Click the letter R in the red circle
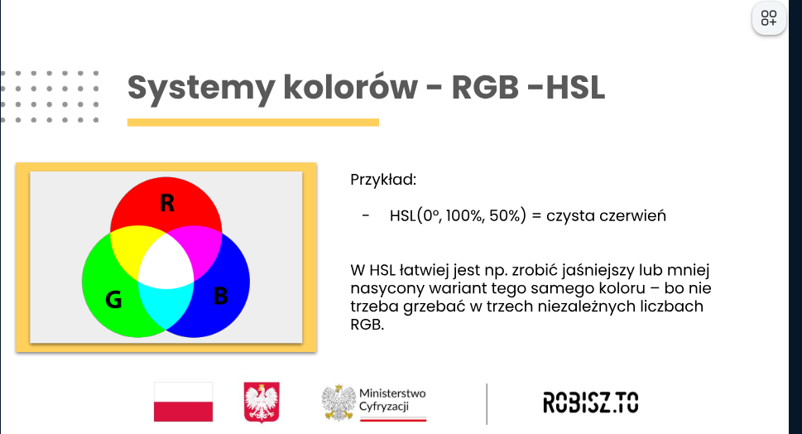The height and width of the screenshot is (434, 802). (x=167, y=203)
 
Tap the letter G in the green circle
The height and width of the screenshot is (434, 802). (x=113, y=299)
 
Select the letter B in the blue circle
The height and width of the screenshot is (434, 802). (x=220, y=296)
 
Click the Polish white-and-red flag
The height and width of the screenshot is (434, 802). (x=183, y=402)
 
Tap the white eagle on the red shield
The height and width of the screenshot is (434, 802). (x=262, y=403)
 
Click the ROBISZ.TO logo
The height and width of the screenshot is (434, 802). (x=591, y=403)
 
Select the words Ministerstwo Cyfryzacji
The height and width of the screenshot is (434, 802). (x=392, y=400)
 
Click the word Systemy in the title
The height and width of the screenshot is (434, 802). (x=201, y=88)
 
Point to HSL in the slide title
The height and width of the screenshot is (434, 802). (x=575, y=87)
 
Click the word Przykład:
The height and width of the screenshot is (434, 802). (x=383, y=180)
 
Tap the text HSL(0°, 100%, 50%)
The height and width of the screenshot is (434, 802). (x=458, y=216)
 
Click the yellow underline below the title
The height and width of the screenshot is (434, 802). (x=253, y=123)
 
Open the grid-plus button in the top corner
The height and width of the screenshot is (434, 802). (x=769, y=18)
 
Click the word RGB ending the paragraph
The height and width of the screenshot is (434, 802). (x=367, y=325)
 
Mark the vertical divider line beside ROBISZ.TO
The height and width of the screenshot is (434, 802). (x=487, y=404)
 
